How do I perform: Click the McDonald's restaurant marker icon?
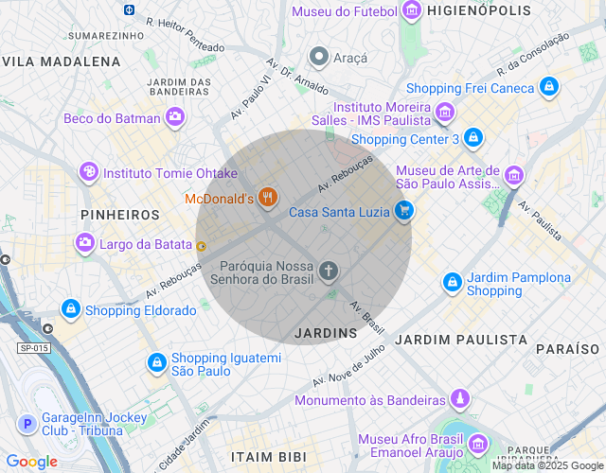pyautogui.click(x=269, y=198)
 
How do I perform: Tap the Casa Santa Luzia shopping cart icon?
pyautogui.click(x=404, y=211)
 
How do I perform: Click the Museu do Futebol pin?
pyautogui.click(x=411, y=11)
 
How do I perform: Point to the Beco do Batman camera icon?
pyautogui.click(x=175, y=117)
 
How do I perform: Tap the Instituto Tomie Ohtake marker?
pyautogui.click(x=88, y=172)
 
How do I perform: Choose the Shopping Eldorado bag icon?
pyautogui.click(x=70, y=309)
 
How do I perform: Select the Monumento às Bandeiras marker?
pyautogui.click(x=460, y=399)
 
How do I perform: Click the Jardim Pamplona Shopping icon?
pyautogui.click(x=454, y=283)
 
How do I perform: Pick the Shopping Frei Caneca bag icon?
pyautogui.click(x=548, y=88)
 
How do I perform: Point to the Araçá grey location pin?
pyautogui.click(x=319, y=58)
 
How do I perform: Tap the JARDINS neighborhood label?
pyautogui.click(x=326, y=333)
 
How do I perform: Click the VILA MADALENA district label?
pyautogui.click(x=62, y=61)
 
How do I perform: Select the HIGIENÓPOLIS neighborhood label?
pyautogui.click(x=472, y=11)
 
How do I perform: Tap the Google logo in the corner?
pyautogui.click(x=31, y=462)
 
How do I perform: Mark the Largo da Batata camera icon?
pyautogui.click(x=85, y=244)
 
